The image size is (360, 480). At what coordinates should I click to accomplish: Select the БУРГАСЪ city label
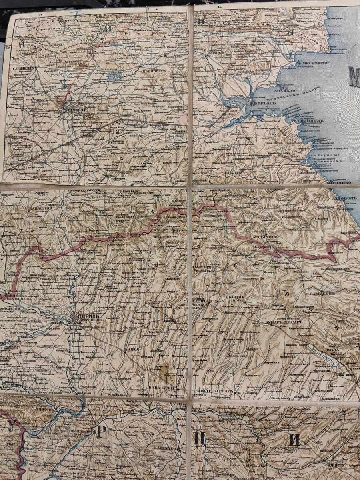pos(262,103)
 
